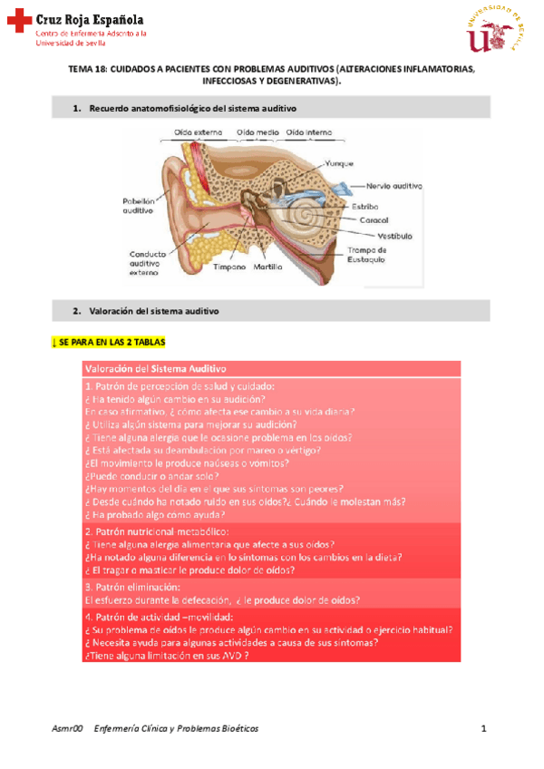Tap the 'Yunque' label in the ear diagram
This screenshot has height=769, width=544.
point(335,164)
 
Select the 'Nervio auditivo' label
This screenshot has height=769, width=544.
point(394,185)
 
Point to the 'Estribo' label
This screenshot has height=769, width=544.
point(364,206)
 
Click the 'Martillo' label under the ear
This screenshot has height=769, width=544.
point(268,268)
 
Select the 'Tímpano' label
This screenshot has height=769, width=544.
point(229,268)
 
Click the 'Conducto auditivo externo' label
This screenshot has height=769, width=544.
point(145,262)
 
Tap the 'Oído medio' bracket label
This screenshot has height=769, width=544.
point(257,132)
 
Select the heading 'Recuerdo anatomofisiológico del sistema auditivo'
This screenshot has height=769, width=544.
point(192,109)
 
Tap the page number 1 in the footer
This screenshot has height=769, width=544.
point(484,728)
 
